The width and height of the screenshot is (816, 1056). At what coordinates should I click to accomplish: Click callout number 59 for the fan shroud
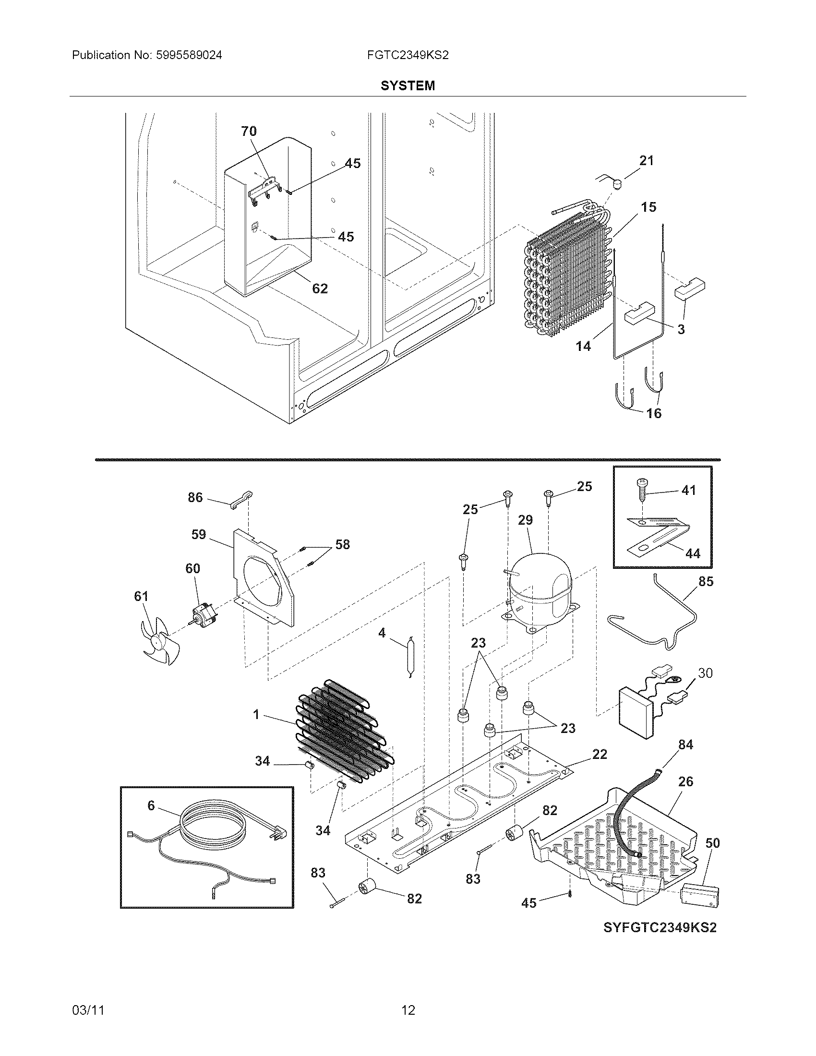coord(198,534)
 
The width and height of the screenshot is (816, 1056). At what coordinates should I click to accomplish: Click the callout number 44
coord(693,553)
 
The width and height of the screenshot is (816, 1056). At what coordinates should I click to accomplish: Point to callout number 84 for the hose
coord(685,744)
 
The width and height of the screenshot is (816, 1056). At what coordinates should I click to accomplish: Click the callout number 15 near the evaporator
coord(649,207)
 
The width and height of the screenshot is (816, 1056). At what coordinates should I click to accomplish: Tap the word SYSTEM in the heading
coord(408,85)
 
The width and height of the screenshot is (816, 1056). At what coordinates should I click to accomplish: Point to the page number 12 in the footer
coord(408,1010)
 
